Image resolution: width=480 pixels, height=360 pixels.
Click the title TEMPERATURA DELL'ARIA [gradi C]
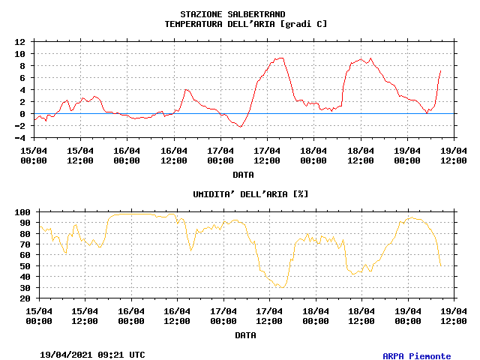[245, 24]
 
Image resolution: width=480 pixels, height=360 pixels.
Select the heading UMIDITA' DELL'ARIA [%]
[250, 194]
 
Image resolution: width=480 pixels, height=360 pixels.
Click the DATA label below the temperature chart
[242, 175]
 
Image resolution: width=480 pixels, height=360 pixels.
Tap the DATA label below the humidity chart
[244, 335]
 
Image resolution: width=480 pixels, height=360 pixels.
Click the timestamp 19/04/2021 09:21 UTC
[92, 354]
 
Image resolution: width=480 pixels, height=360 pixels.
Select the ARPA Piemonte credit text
[417, 356]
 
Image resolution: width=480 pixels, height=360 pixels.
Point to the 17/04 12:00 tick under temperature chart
[267, 155]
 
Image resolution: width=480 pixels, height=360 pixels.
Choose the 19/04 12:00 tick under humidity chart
[453, 316]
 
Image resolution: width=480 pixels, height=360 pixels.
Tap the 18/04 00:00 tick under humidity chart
[315, 316]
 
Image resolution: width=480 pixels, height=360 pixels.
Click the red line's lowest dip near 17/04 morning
[240, 127]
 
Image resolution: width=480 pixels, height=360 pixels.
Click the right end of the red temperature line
[440, 70]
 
